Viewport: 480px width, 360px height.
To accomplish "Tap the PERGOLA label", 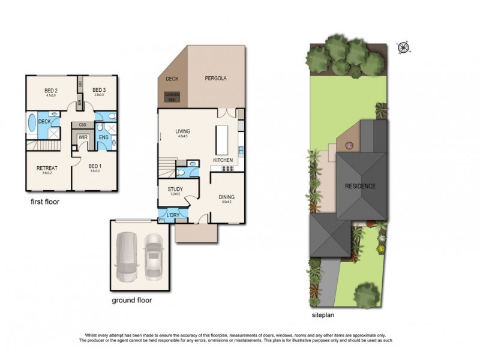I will (x=216, y=79).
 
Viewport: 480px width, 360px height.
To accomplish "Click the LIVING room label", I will (x=182, y=131).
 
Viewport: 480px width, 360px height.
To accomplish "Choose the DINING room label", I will (x=226, y=197).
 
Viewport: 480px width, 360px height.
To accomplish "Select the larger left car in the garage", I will (x=128, y=256).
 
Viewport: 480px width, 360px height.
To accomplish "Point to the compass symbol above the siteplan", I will (x=403, y=47).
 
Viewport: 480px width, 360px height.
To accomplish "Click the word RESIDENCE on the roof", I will (x=360, y=186).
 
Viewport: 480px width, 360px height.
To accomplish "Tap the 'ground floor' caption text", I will (x=132, y=300).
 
